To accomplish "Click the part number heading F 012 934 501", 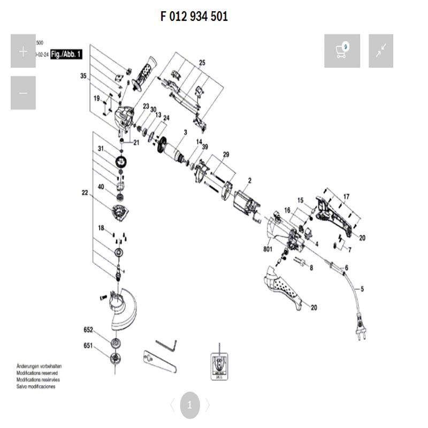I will coord(194,17).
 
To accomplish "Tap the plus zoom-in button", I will coord(23,51).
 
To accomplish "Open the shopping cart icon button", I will coord(342,51).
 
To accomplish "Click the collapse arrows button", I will coord(381,51).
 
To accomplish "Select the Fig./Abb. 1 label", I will coord(67,54).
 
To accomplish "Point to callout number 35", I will coord(83,76).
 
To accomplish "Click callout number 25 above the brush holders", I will coord(202,63).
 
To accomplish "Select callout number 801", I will coord(268,249).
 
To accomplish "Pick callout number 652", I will coord(88,330).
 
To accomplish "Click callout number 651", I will coord(88,346).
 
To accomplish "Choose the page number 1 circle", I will coord(189,405).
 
